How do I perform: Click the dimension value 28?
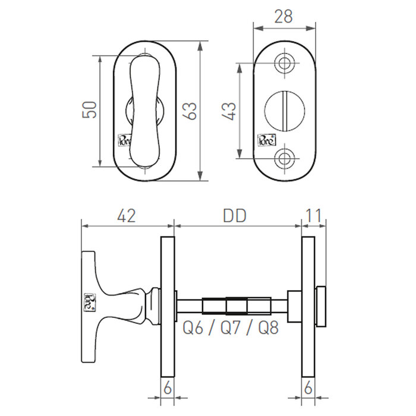point(283,16)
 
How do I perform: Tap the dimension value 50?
point(90,110)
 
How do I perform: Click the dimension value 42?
point(127,215)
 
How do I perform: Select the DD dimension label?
point(235,215)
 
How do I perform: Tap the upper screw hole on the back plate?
point(285,63)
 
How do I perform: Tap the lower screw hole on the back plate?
point(285,158)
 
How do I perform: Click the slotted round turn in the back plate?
point(284,110)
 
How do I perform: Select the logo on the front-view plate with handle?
point(122,141)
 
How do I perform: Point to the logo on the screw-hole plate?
point(265,141)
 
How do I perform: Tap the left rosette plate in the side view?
point(167,306)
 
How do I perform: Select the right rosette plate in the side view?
point(308,306)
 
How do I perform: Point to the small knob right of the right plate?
point(320,305)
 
